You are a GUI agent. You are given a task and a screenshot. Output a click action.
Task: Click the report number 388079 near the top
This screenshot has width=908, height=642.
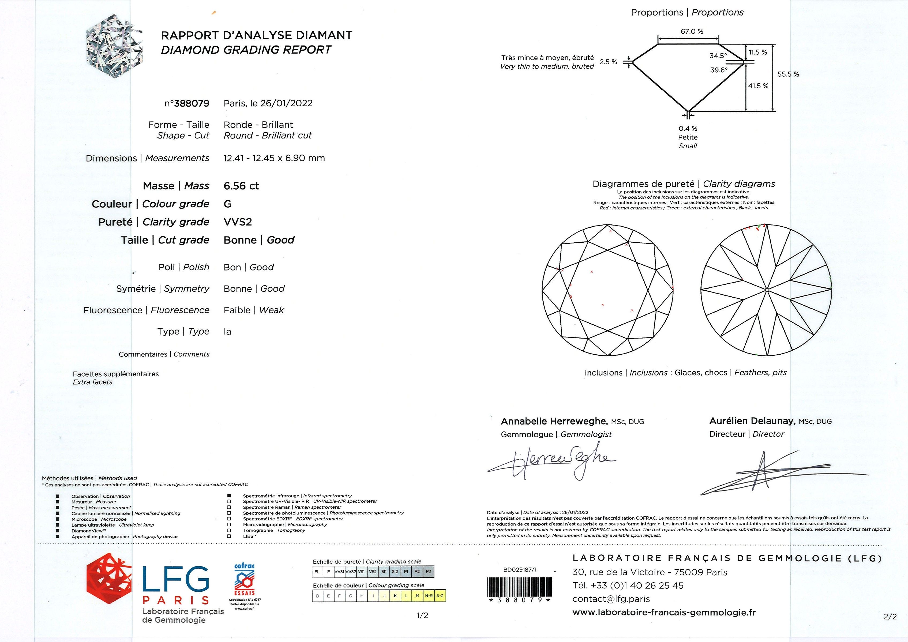coord(192,103)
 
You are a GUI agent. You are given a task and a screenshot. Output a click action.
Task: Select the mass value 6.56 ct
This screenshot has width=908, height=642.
coord(241,186)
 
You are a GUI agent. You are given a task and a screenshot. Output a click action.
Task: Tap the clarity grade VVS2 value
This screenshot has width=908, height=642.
coord(238,222)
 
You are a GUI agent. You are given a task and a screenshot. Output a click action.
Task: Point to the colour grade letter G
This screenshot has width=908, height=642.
coord(227,204)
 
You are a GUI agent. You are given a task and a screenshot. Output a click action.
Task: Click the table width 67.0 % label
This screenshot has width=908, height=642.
coord(692,32)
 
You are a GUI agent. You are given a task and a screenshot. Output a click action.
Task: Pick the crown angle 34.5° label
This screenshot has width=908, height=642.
coord(718,56)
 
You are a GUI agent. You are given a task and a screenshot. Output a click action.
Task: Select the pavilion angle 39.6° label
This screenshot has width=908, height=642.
coord(719,70)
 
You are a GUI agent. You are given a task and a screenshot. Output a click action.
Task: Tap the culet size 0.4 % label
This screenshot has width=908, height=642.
coord(688,129)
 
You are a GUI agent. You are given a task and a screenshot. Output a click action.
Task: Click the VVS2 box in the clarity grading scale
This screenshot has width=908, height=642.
coord(350,572)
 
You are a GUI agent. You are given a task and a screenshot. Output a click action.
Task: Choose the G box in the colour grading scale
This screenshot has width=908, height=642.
coord(350,596)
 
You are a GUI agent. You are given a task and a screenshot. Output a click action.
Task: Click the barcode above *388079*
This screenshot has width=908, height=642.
coord(520,587)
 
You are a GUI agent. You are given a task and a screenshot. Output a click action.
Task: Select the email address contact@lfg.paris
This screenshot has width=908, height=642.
coord(611,599)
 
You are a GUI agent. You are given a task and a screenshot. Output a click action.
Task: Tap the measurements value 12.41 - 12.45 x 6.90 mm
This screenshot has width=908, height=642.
coord(274,158)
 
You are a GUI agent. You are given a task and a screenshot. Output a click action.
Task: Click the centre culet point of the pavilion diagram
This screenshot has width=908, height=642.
coord(767,290)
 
